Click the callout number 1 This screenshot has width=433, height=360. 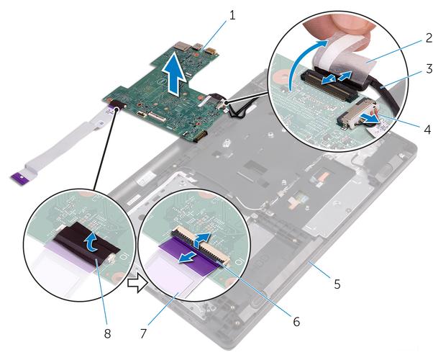pos(232,16)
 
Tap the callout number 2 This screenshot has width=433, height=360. pos(428,38)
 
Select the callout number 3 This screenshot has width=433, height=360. pos(429,68)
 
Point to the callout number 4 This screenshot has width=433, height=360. pos(427,130)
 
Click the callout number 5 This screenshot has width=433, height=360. pos(337,284)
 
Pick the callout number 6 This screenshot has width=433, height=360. pos(296,322)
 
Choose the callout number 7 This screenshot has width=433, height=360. pos(142,334)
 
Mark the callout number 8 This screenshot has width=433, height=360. pos(107,334)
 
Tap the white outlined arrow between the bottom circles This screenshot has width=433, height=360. pos(137,282)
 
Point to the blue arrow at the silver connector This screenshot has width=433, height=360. pos(370,118)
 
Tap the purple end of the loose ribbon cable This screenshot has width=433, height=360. pos(18,177)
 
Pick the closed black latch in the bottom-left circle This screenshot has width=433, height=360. pos(86,241)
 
